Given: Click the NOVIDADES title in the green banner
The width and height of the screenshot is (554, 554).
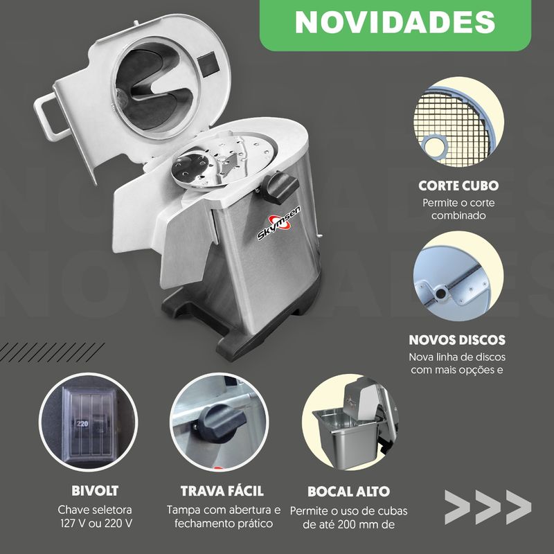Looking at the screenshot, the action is point(395,22).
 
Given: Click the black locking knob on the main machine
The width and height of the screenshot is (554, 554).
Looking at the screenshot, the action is point(280,187).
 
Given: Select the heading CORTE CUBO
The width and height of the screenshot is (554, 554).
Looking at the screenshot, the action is point(458,186).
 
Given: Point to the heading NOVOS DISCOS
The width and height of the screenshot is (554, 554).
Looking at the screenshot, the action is point(457,340).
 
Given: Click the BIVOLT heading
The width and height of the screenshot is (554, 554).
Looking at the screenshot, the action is point(95,491).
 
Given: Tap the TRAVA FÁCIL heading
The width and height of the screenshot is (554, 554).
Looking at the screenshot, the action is point(222,491).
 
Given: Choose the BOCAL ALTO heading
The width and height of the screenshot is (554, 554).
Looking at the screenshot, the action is point(348,492).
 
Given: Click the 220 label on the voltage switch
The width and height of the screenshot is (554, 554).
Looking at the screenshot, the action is point(82,424).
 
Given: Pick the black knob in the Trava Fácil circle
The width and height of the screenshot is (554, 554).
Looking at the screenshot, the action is point(221,422).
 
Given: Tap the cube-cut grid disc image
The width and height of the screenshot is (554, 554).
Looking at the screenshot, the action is point(458,122).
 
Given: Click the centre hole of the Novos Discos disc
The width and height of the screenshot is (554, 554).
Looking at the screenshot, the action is point(440,293).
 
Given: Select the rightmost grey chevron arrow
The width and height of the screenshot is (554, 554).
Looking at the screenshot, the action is point(518,507).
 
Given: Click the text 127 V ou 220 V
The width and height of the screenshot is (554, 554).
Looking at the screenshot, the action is point(96,524).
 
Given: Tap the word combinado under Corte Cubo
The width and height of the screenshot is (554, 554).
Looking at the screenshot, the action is point(458,215).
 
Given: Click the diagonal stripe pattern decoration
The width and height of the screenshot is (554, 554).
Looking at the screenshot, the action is point(52,352).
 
